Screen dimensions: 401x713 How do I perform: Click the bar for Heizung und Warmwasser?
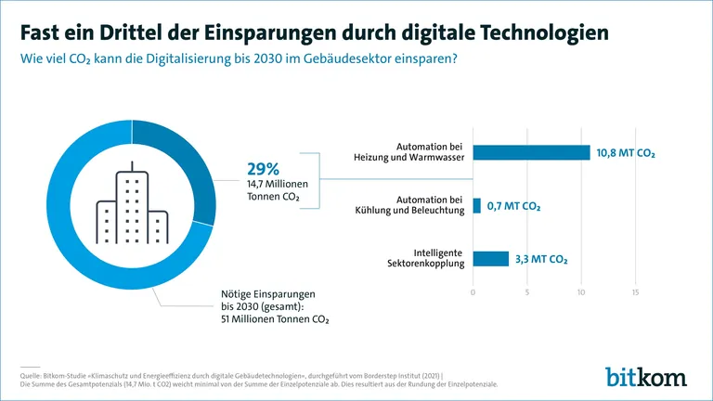531,152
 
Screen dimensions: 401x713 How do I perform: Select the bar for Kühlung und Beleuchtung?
477,205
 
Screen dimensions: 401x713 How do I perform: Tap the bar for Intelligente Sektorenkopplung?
491,258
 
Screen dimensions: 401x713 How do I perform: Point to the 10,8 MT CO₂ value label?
626,152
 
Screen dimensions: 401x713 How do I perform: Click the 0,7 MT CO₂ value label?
513,206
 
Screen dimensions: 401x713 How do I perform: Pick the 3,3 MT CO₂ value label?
541,259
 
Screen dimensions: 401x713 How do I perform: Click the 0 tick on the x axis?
473,293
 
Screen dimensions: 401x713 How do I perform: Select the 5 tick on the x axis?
527,293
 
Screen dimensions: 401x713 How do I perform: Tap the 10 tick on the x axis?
581,293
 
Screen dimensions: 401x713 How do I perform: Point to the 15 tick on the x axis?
636,293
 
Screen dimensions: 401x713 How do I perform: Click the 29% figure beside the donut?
263,169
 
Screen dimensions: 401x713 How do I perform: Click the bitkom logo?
646,376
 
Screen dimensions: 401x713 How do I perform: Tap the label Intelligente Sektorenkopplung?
428,258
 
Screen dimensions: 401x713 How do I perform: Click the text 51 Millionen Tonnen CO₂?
275,318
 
